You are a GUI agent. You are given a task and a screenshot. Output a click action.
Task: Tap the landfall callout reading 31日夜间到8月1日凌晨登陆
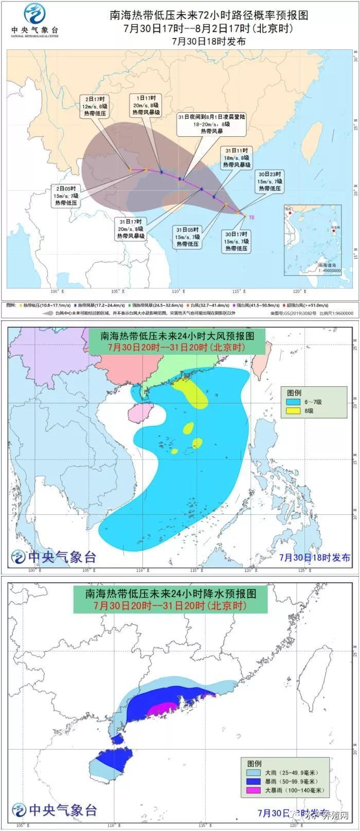[x=211, y=124]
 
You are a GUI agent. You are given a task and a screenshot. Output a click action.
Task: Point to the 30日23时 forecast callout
[x=269, y=181]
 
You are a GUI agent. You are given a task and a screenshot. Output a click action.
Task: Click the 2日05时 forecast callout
[x=66, y=196]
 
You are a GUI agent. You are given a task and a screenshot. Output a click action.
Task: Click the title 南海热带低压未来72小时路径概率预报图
[x=209, y=15]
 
